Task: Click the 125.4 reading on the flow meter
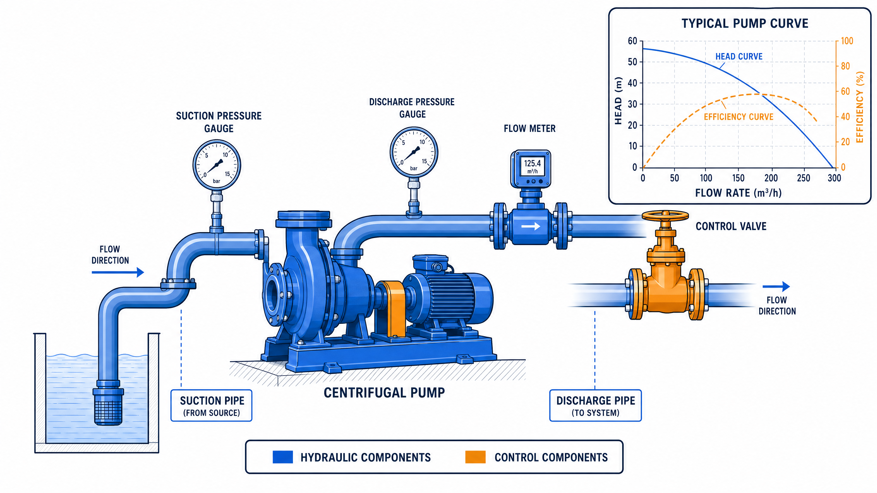(532, 163)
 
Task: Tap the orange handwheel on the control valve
(665, 215)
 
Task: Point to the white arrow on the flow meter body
(531, 226)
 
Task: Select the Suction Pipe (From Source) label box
(211, 405)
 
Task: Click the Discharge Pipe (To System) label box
(595, 405)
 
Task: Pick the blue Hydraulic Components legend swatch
(283, 457)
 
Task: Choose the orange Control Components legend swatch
(475, 457)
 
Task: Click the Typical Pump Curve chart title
(745, 24)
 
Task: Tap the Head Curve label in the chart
(739, 56)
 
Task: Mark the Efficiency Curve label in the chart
(739, 117)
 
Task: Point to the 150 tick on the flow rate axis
(738, 178)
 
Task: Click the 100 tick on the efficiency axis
(847, 41)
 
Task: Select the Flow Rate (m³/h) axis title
(738, 193)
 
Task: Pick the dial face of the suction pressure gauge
(217, 165)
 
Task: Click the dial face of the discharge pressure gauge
(414, 152)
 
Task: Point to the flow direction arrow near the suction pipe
(118, 273)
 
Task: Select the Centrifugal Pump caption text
(384, 393)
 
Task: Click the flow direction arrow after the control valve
(776, 286)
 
